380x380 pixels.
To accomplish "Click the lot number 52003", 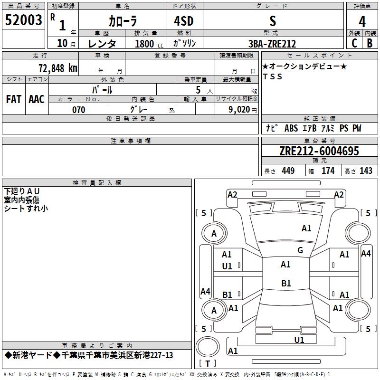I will click(x=23, y=20).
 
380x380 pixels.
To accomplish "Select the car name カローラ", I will click(x=123, y=21).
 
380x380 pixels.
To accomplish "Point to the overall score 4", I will click(x=362, y=21).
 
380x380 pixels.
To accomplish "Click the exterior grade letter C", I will click(x=354, y=43).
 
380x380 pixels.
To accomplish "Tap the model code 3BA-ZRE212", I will click(x=272, y=44).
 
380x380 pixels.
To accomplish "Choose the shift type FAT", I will click(x=13, y=99).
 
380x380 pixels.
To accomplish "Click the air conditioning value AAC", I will click(x=36, y=99).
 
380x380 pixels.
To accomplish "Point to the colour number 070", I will click(x=78, y=110).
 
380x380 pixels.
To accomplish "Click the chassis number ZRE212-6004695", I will click(x=319, y=151).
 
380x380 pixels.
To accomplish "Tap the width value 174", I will click(x=328, y=171).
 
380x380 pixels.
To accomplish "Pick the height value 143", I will click(x=366, y=171).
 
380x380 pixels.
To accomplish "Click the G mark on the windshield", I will click(x=300, y=250).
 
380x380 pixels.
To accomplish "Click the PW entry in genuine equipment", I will click(x=357, y=128).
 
